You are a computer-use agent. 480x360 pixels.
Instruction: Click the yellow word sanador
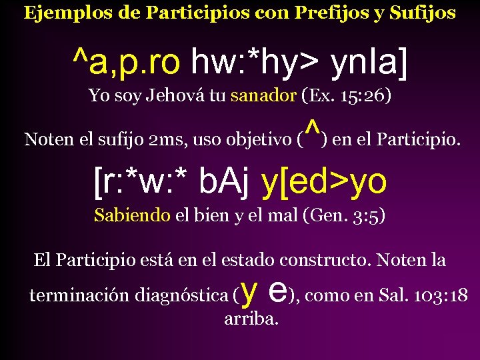click(x=263, y=95)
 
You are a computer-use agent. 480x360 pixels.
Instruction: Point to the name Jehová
click(x=179, y=95)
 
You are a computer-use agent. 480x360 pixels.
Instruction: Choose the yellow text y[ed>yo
click(x=325, y=183)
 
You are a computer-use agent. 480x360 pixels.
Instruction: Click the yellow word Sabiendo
click(x=132, y=216)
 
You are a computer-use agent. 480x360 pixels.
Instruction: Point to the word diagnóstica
click(x=181, y=295)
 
